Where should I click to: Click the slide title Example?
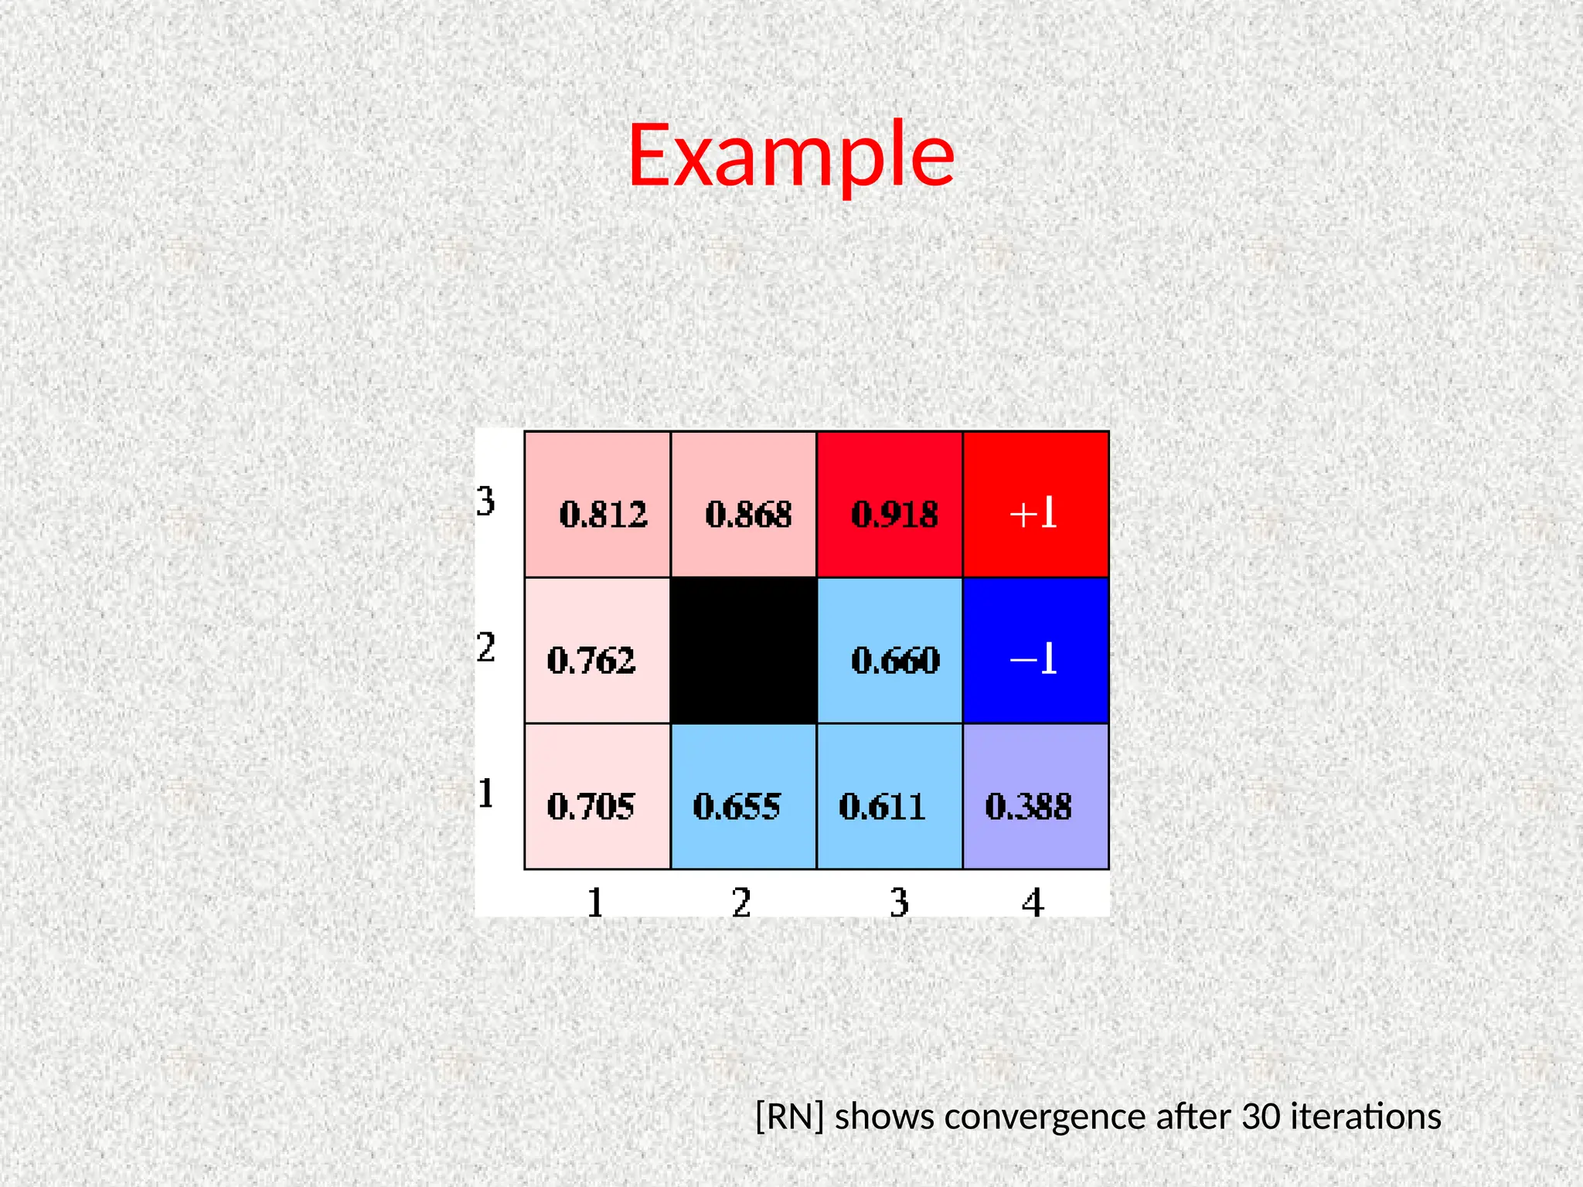[791, 156]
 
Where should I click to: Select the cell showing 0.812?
[597, 505]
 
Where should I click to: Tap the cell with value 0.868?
[744, 505]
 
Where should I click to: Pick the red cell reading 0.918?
[890, 505]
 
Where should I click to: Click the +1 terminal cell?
[1036, 505]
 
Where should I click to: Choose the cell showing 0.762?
[597, 651]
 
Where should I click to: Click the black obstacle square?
[744, 651]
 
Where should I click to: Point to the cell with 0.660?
[890, 651]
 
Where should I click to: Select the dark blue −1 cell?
[1036, 651]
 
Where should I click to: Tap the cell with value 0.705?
[597, 797]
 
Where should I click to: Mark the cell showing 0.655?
[744, 797]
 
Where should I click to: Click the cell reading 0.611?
[890, 797]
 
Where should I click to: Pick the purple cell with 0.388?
[1036, 797]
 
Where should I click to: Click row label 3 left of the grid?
[485, 502]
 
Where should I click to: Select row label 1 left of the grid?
[485, 794]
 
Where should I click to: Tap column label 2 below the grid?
[741, 903]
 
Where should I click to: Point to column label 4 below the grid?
[1033, 903]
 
